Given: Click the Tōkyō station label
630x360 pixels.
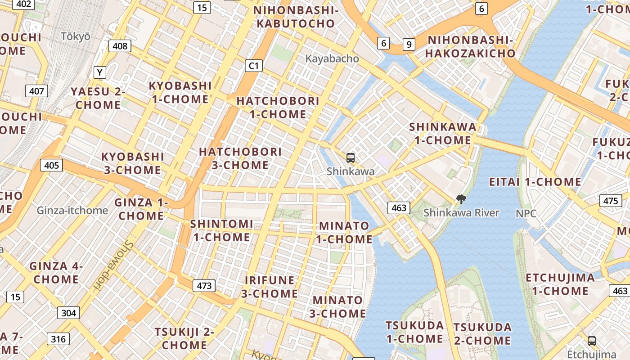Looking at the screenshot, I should [x=76, y=36].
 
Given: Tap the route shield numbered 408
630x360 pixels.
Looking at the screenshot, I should [x=120, y=46].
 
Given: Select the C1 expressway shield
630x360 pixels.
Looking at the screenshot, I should [x=254, y=66].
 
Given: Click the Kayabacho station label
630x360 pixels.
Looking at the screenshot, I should [x=332, y=58].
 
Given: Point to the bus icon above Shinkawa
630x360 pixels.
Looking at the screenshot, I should [x=351, y=158].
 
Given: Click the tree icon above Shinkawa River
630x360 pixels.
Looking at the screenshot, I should [x=461, y=199].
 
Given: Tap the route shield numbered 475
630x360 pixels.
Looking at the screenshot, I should [x=610, y=201].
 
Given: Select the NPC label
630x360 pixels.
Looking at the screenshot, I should [x=526, y=213].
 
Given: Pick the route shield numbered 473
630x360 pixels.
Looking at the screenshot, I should [x=204, y=285].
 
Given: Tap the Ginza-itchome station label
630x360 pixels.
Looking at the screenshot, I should [x=72, y=210].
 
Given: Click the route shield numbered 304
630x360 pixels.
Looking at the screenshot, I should [x=68, y=313].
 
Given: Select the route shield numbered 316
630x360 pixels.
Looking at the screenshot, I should [x=58, y=339].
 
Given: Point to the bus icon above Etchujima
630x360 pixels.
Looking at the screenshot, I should [x=591, y=341].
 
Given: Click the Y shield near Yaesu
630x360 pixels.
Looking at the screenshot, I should [x=99, y=72].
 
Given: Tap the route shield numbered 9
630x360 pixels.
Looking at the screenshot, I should [x=409, y=44].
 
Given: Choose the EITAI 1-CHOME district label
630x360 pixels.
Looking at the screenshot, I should [x=535, y=182].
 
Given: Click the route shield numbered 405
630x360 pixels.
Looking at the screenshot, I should [x=51, y=165].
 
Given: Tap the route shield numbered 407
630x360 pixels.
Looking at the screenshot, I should [x=36, y=91].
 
